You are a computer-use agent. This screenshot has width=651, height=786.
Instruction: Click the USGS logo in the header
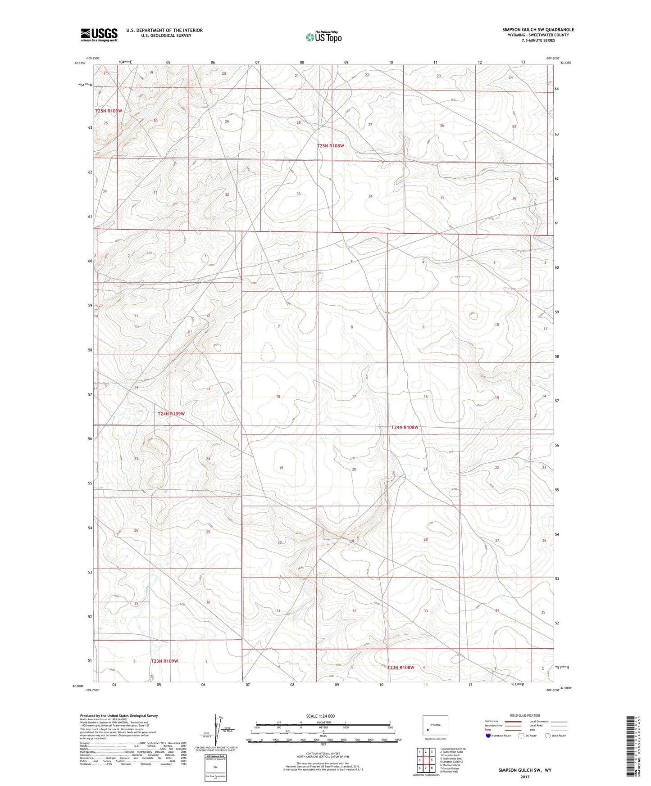pos(99,35)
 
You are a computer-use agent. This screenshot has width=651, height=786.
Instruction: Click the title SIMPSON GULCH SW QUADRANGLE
pos(538,30)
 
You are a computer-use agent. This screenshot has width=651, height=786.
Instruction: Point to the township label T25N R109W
pos(109,111)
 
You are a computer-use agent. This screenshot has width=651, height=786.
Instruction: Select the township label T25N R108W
pos(330,146)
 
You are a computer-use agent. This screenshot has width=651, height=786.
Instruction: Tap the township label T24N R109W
pos(171,414)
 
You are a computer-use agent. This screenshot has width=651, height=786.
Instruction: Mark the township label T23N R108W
pos(401,667)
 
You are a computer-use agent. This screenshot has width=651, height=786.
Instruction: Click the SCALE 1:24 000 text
pos(320,716)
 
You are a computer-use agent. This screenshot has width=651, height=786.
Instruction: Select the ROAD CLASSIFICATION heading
pos(525,715)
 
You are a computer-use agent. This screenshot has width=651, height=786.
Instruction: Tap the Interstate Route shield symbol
pos(489,736)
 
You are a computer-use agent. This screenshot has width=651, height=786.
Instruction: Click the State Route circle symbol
pos(547,736)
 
